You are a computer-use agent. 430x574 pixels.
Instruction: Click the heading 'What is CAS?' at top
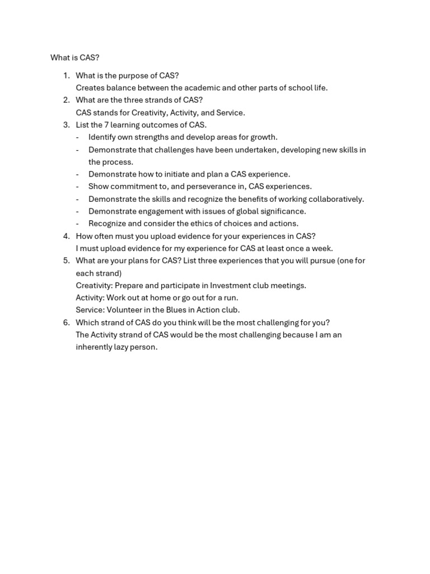click(75, 58)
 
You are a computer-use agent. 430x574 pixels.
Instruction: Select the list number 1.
click(66, 76)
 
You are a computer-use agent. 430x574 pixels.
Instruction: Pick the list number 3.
click(66, 125)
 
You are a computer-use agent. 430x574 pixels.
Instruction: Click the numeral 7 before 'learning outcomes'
click(106, 125)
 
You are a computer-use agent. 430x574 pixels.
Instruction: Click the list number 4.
click(66, 236)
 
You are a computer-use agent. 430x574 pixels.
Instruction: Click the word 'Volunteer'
click(124, 310)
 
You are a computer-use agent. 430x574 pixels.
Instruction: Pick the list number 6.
click(66, 322)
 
